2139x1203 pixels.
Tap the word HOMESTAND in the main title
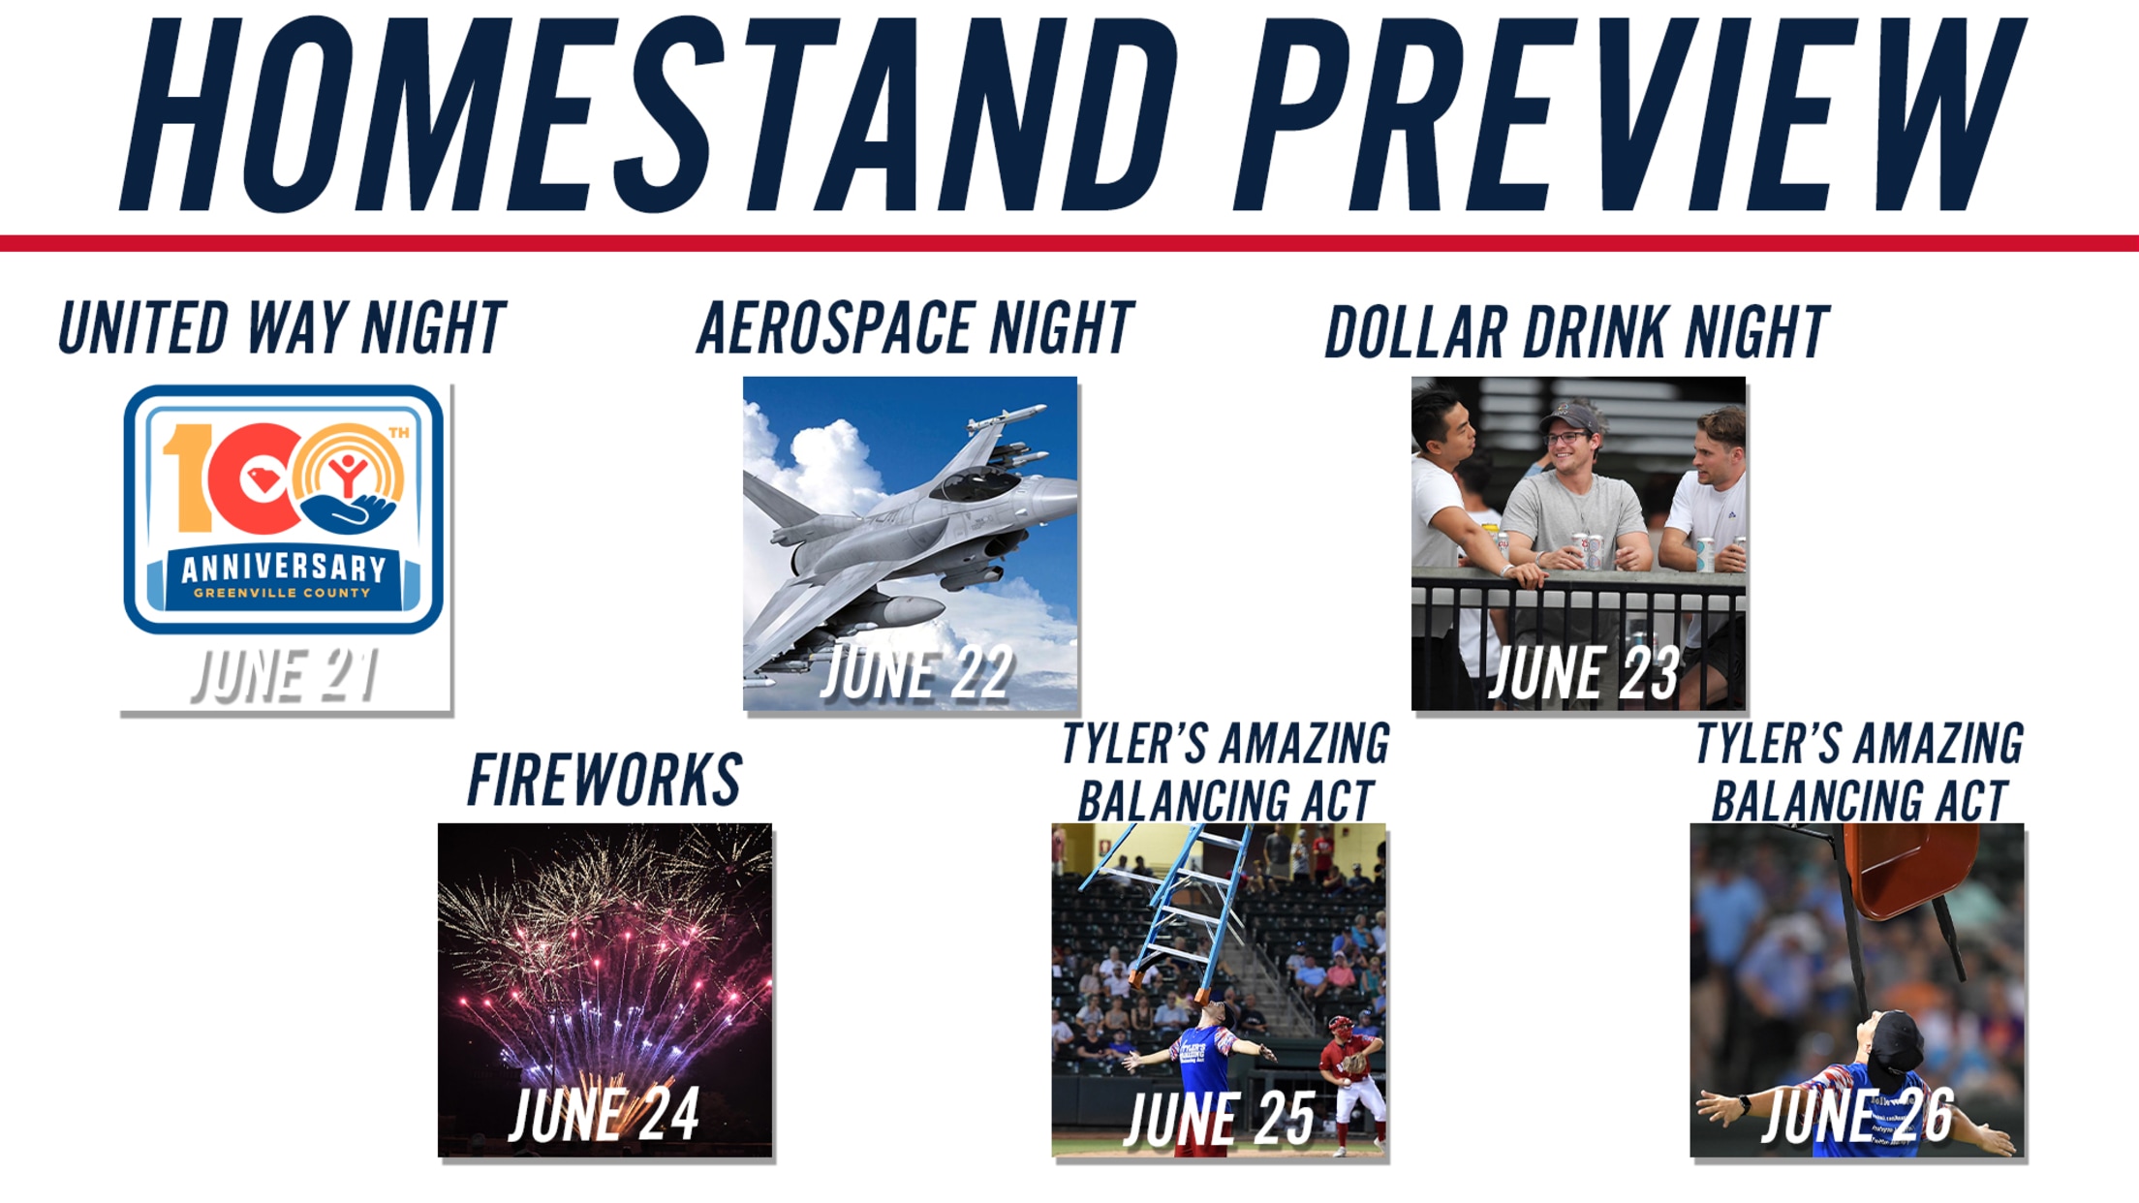pos(649,114)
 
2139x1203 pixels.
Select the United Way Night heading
pos(282,327)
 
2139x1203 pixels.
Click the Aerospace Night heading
pos(914,327)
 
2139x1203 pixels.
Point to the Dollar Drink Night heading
pos(1577,331)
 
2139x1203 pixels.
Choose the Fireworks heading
pos(604,780)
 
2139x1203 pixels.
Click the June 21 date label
pos(285,675)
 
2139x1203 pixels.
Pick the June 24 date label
pos(604,1115)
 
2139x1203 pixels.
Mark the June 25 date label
pos(1221,1119)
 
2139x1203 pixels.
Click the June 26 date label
pos(1857,1115)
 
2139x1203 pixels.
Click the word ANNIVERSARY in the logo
pos(284,569)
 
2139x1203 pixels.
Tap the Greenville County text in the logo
pos(282,593)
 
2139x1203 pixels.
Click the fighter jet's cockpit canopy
pos(978,480)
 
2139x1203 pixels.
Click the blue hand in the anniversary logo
pos(350,511)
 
